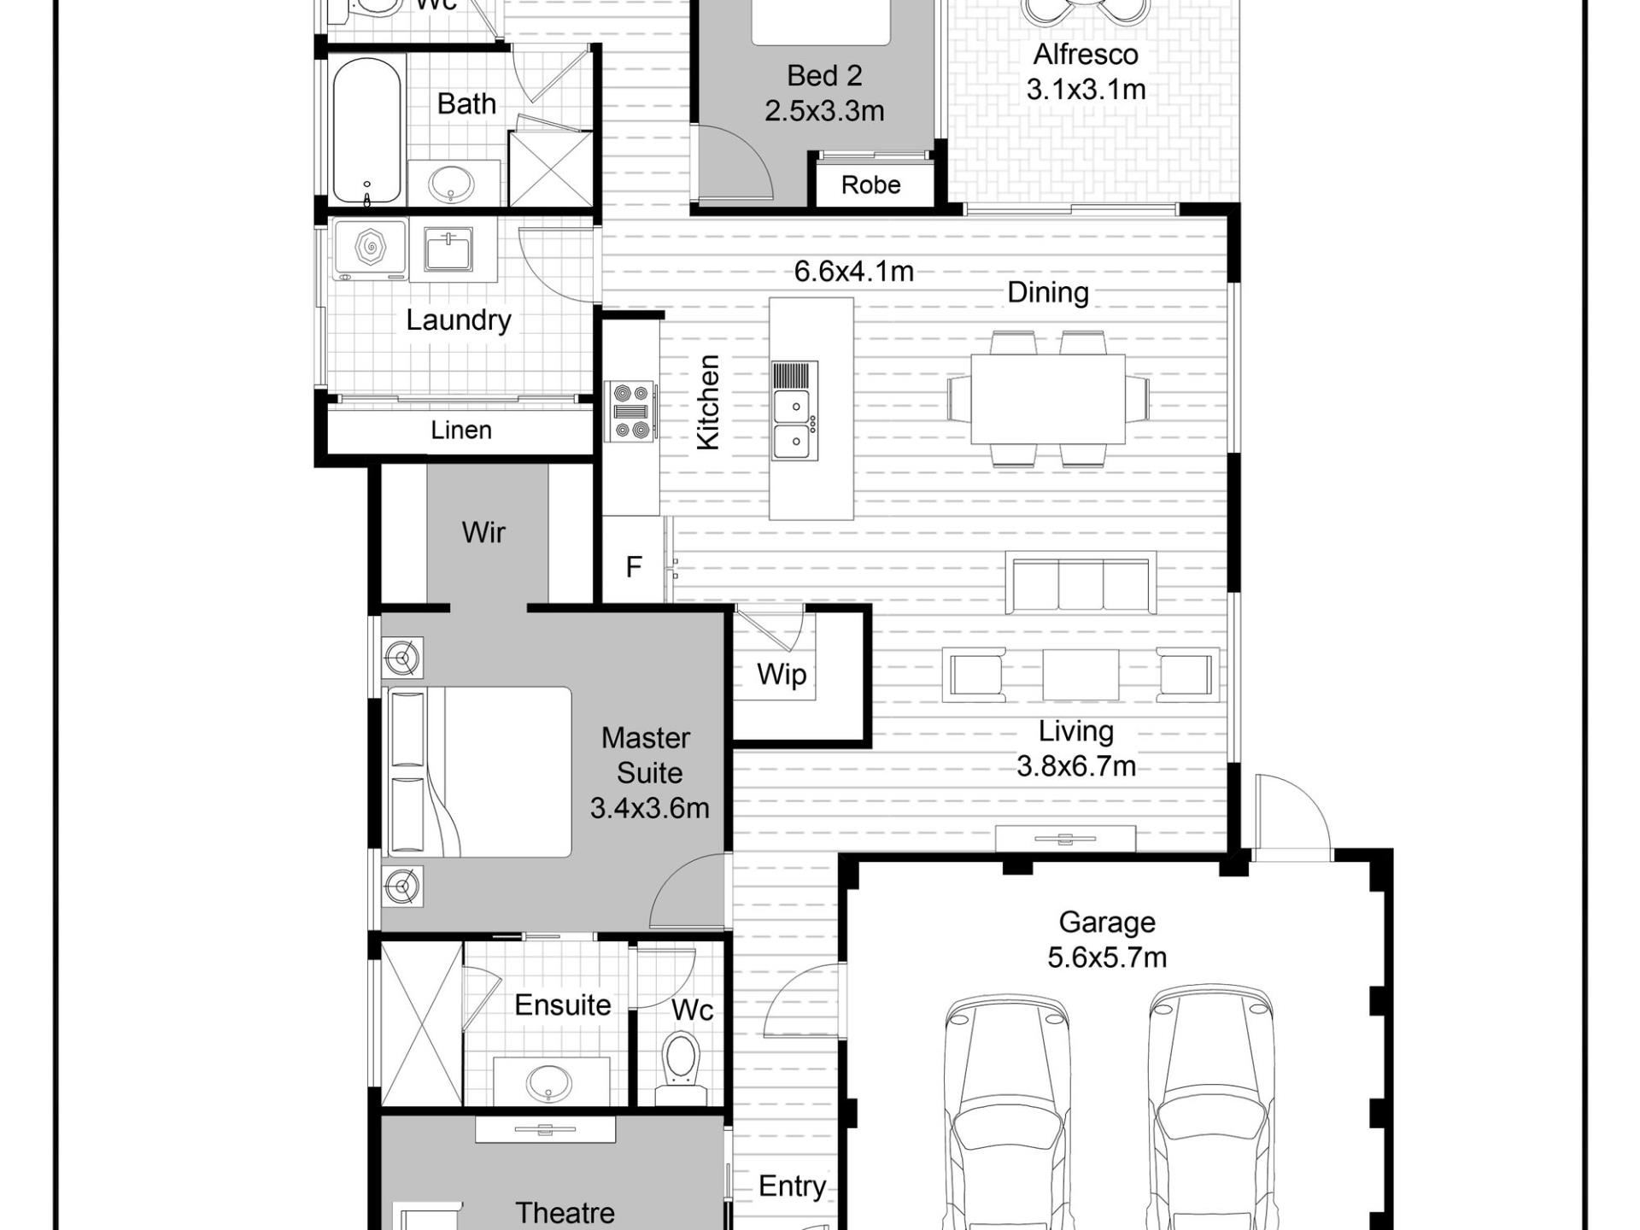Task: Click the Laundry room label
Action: (459, 320)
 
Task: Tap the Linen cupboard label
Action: (461, 430)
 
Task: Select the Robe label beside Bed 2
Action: (871, 184)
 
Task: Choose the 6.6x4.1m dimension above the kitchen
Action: (854, 272)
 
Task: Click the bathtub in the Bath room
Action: (366, 131)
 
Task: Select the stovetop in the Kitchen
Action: (631, 412)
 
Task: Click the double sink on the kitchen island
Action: (794, 412)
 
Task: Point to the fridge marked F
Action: (633, 566)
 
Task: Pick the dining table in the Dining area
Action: (1048, 399)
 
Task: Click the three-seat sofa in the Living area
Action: (1081, 583)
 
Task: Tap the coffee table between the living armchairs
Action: (1081, 675)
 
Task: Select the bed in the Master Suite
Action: (479, 772)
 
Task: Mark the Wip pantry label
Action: (782, 675)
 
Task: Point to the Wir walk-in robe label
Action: (483, 532)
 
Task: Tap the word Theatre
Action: (565, 1213)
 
